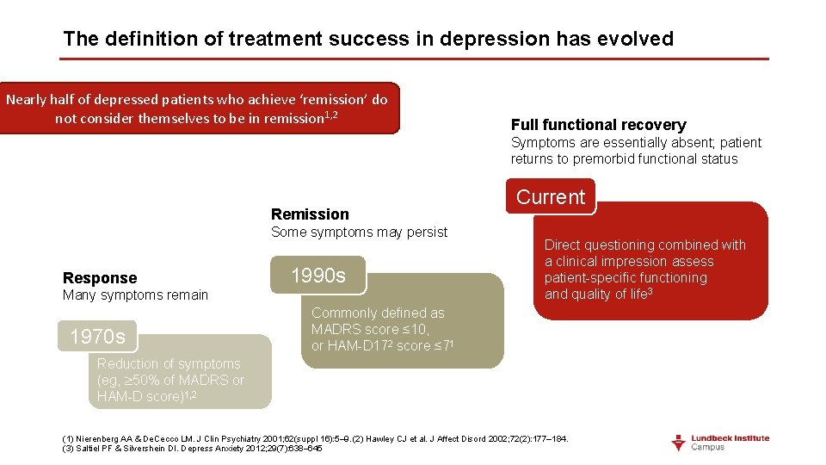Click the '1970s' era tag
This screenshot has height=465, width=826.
point(97,336)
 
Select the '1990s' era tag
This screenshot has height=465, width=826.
point(317,276)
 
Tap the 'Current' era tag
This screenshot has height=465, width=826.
point(550,197)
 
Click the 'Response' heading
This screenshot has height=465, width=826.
point(100,278)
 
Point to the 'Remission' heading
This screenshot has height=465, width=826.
point(310,214)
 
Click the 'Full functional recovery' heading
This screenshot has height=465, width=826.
point(598,125)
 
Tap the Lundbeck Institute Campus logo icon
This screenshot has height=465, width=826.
point(680,443)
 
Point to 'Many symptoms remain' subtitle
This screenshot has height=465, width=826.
point(135,295)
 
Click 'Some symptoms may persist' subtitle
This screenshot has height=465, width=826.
point(359,232)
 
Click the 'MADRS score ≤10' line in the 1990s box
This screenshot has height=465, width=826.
point(370,329)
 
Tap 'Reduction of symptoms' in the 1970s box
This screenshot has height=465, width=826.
point(169,364)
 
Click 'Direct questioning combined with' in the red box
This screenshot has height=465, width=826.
point(644,245)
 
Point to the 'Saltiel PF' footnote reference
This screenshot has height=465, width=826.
point(93,449)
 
